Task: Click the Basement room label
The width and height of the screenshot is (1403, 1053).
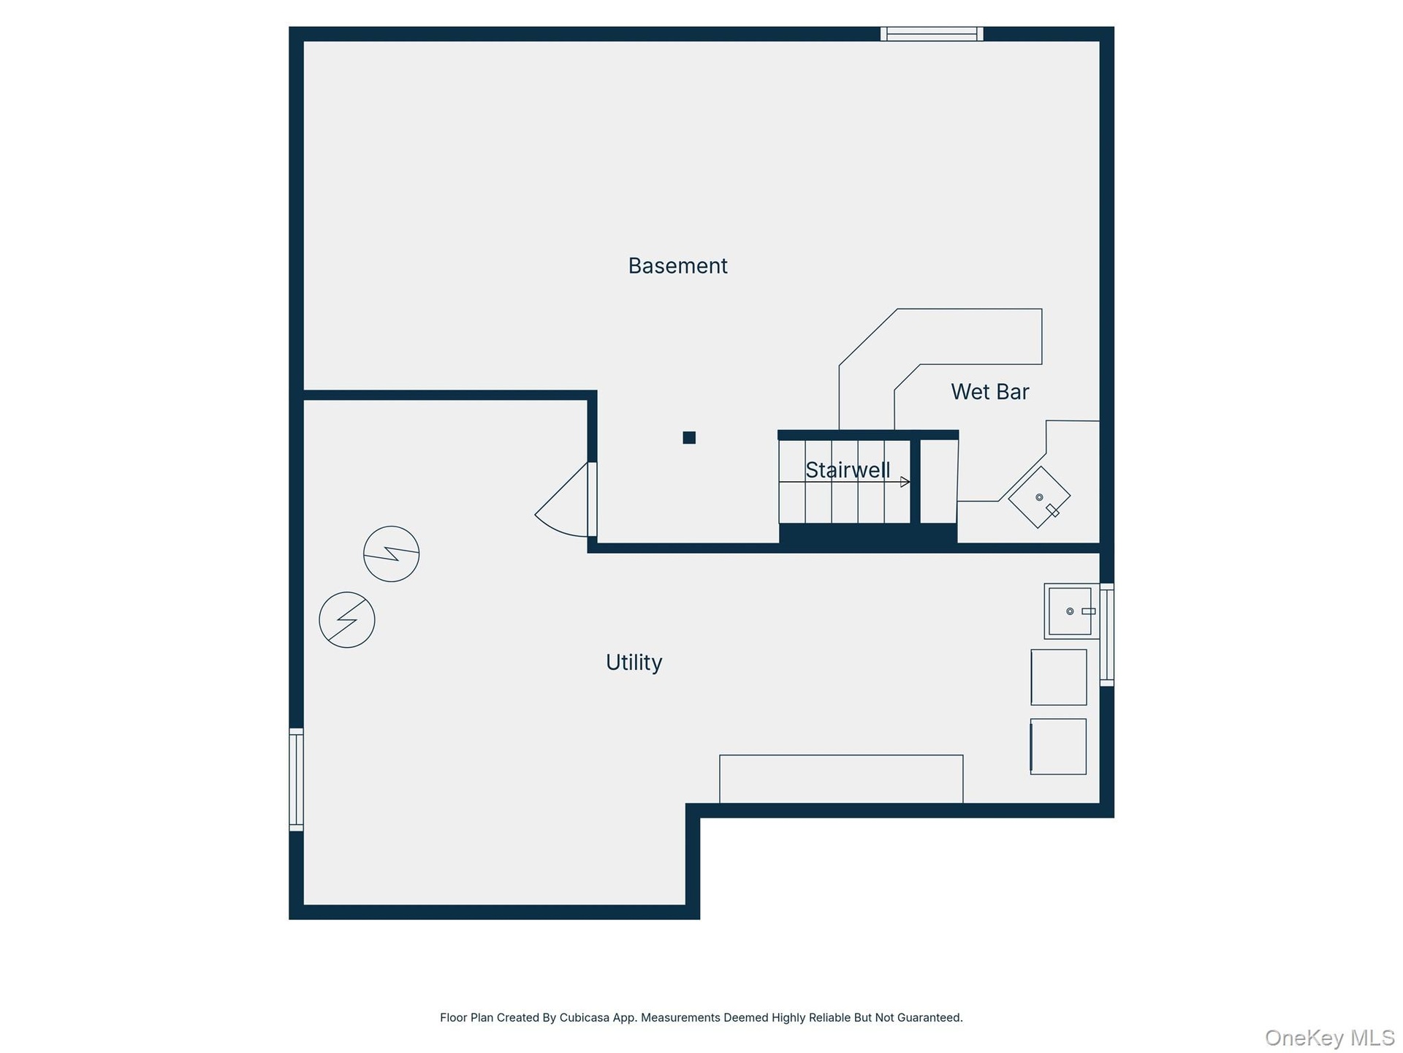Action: coord(677,265)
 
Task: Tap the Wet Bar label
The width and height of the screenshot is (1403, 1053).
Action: coord(989,392)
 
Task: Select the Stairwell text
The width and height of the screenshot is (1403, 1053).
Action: coord(848,470)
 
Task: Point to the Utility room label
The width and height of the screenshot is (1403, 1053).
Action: coord(634,663)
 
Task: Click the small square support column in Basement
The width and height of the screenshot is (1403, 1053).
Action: coord(689,437)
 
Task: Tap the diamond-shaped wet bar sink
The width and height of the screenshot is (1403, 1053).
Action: coord(1039,497)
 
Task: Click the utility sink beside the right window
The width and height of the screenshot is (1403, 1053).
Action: coord(1071,611)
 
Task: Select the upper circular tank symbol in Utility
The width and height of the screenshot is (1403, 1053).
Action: coord(392,554)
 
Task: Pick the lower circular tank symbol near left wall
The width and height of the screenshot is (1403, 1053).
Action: coord(347,619)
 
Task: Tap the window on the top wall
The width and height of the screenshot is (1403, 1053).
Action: coord(932,34)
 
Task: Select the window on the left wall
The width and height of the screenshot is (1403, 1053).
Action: coord(296,780)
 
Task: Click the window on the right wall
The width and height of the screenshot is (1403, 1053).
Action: coord(1107,635)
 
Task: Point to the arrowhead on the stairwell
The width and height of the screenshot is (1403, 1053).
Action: coord(905,482)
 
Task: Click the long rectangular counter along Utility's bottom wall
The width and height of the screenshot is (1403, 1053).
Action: coord(841,779)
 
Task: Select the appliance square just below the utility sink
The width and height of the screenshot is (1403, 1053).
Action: coord(1059,677)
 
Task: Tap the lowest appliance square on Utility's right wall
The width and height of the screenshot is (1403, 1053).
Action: coord(1058,747)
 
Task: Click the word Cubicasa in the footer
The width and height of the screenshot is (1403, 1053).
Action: coord(585,1017)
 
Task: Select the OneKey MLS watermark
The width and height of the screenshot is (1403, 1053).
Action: coord(1330,1038)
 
